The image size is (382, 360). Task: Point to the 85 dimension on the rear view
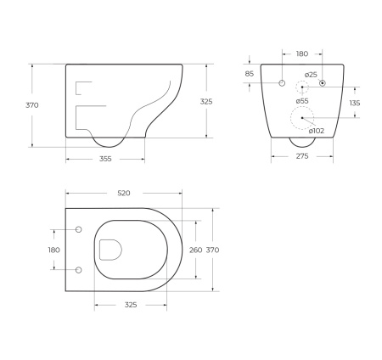click(x=249, y=74)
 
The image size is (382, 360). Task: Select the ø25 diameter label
click(x=311, y=75)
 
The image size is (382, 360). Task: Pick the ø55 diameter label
click(x=303, y=101)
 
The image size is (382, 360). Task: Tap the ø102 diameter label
click(x=315, y=130)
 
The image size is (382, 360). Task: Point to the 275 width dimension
click(x=301, y=157)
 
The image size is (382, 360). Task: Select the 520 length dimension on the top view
click(x=123, y=194)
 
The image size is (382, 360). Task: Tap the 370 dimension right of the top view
click(x=213, y=250)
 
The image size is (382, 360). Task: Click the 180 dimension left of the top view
click(x=54, y=250)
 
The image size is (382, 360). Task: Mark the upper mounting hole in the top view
click(x=79, y=230)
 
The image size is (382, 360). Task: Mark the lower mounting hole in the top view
click(x=79, y=270)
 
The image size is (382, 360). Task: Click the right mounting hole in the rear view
click(x=323, y=82)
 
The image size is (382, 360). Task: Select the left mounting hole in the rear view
click(x=281, y=82)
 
